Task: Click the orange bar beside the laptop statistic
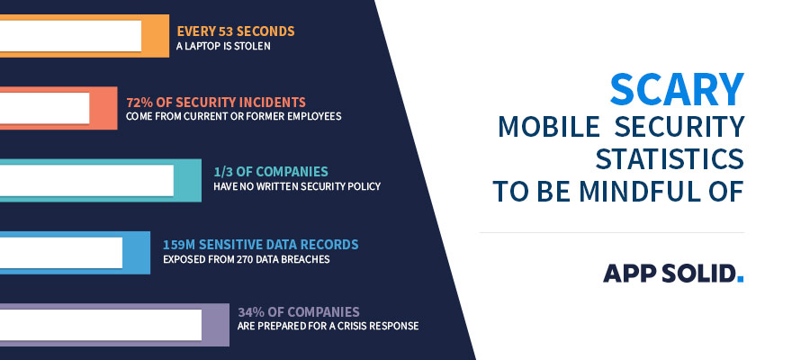point(156,36)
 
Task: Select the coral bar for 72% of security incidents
point(103,108)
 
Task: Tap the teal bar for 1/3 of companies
point(187,180)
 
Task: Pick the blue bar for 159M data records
point(136,252)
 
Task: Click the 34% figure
point(253,312)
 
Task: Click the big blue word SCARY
point(677,89)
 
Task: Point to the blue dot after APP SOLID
point(740,280)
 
